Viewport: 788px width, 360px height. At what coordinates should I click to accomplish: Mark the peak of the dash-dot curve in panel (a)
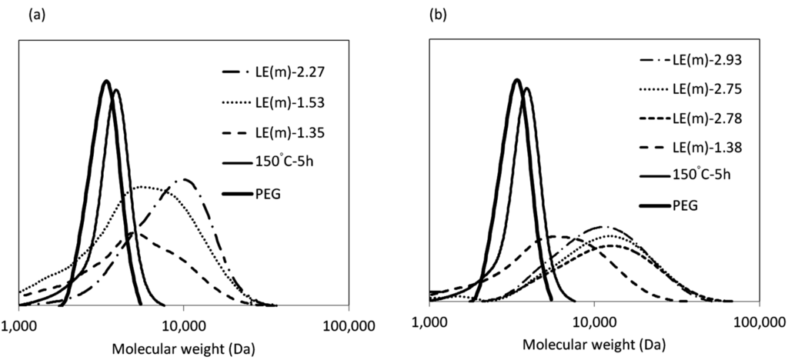(x=185, y=179)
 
